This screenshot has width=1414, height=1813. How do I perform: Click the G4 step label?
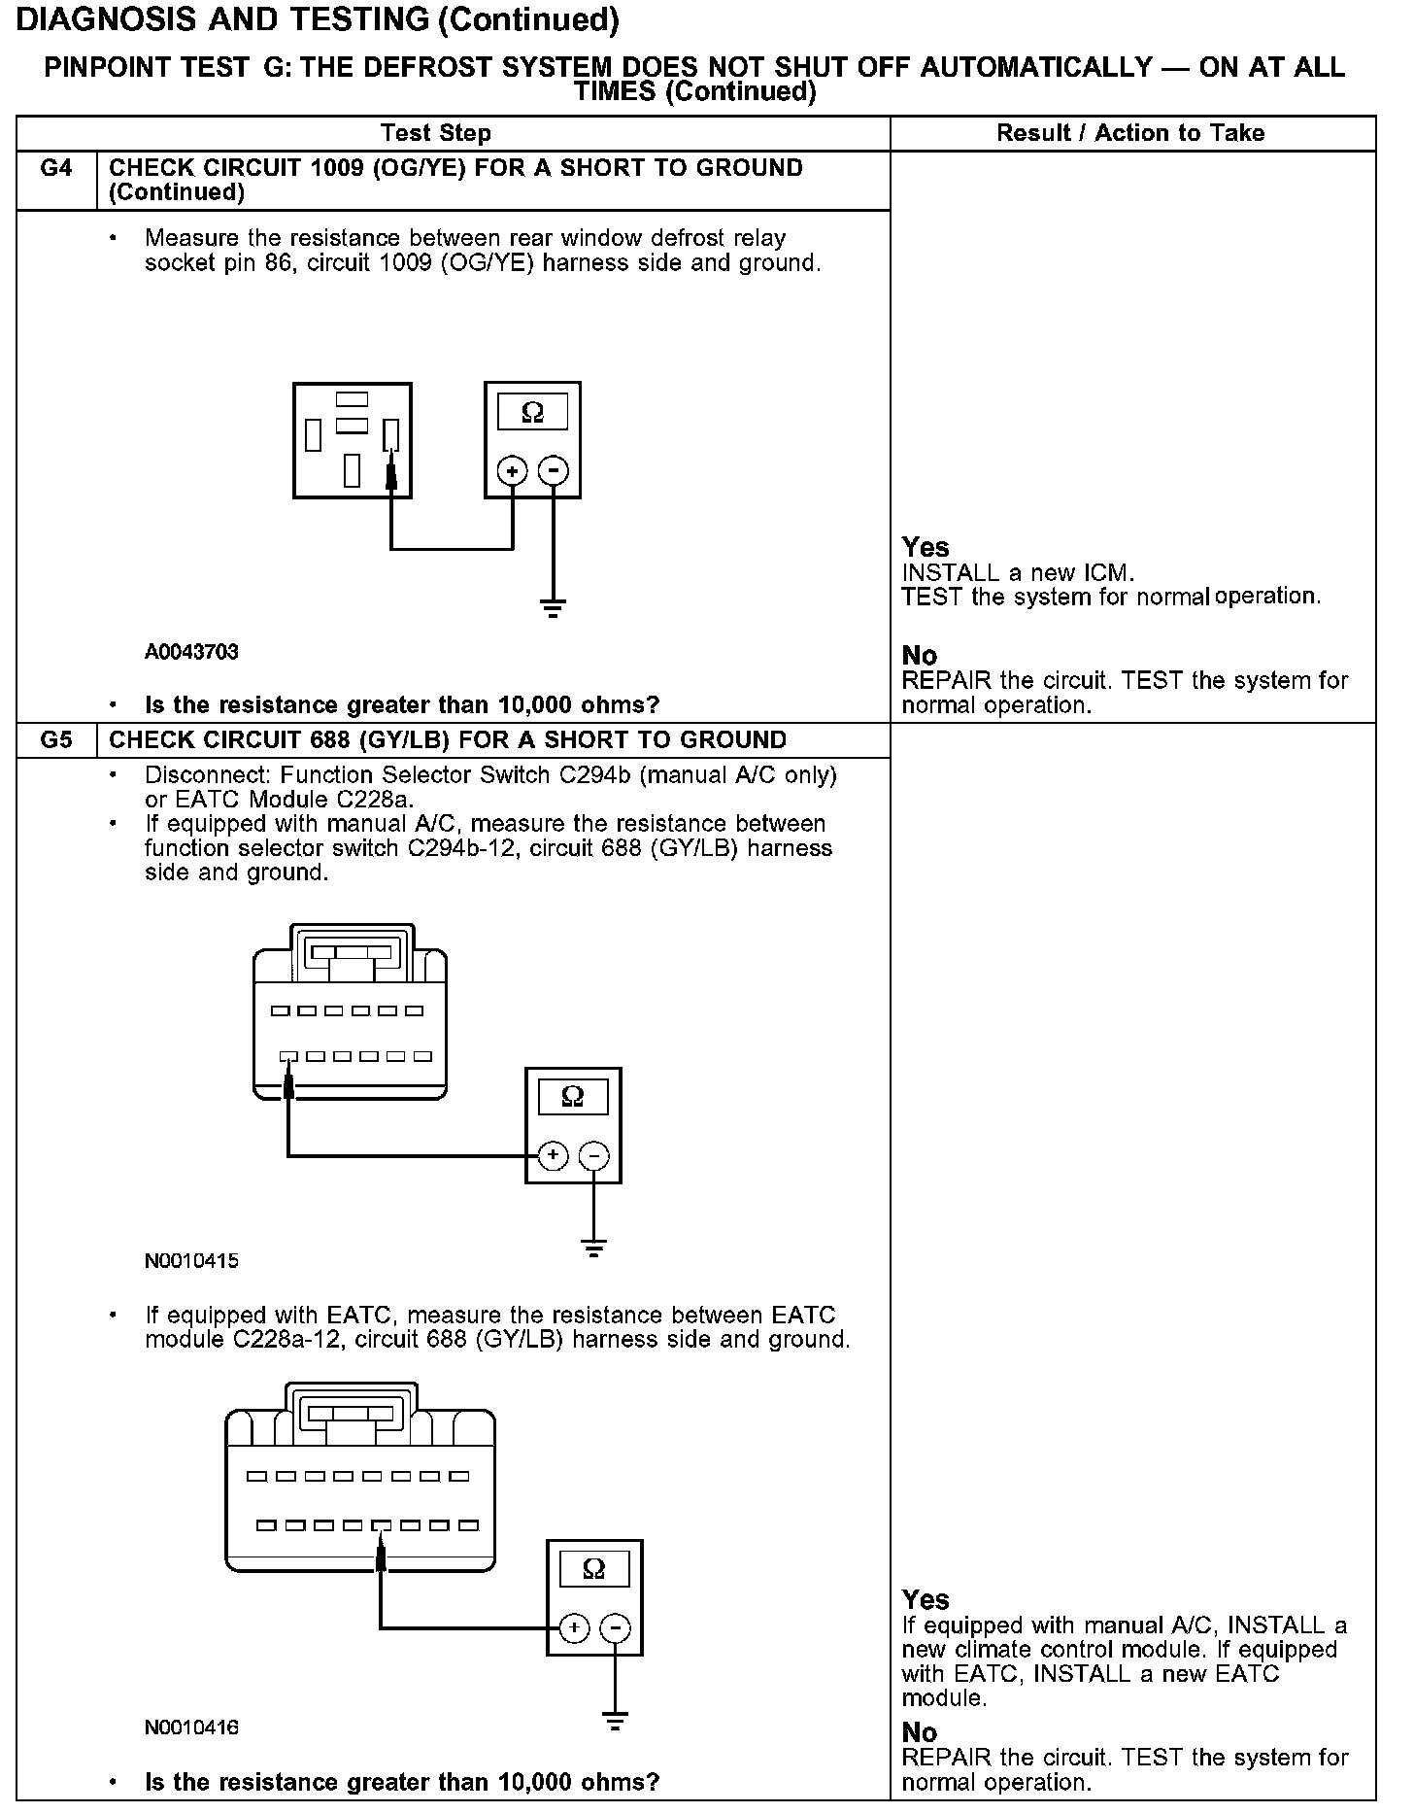tap(56, 169)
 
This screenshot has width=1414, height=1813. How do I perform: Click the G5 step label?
tap(56, 740)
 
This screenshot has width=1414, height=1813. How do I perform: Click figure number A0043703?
tap(191, 652)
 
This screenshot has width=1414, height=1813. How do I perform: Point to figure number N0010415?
tap(191, 1261)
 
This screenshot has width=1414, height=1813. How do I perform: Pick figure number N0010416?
tap(191, 1727)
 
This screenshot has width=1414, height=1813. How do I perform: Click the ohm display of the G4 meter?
tap(532, 413)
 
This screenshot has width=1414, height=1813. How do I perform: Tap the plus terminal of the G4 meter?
tap(513, 471)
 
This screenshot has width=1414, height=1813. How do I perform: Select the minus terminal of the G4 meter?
tap(553, 471)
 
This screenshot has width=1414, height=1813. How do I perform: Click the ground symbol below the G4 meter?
tap(553, 609)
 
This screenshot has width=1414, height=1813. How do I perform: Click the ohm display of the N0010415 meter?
tap(573, 1098)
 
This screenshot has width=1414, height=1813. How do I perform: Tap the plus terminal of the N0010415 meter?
tap(554, 1155)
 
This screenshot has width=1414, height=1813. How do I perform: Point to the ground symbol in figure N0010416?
tap(615, 1723)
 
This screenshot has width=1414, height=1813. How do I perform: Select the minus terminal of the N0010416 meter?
tap(616, 1628)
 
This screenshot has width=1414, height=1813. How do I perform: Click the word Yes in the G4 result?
tap(926, 547)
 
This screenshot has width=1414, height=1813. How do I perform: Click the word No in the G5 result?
tap(919, 1733)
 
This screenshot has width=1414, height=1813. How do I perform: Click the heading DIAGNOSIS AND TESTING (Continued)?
tap(319, 19)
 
